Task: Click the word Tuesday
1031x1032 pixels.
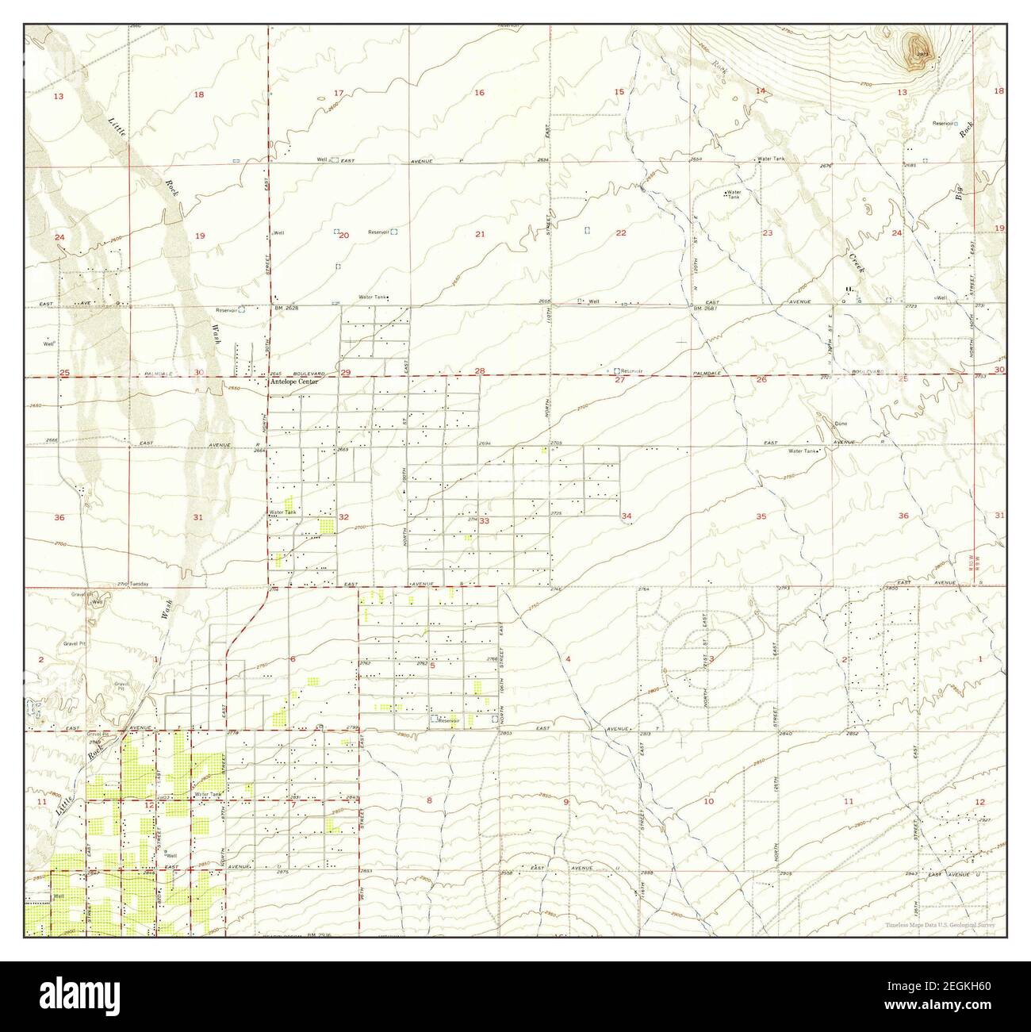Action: (x=140, y=584)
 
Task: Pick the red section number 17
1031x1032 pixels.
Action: (x=339, y=94)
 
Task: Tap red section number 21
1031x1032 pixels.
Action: (x=479, y=233)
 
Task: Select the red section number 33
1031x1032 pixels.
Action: (x=484, y=521)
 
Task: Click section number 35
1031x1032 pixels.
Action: (x=761, y=516)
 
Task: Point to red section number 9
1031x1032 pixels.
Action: (x=566, y=802)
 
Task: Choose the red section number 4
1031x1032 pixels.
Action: (x=568, y=659)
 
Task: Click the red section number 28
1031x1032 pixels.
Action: (x=479, y=371)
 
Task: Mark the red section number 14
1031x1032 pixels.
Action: (x=760, y=91)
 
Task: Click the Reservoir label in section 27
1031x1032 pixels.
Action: (x=632, y=370)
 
